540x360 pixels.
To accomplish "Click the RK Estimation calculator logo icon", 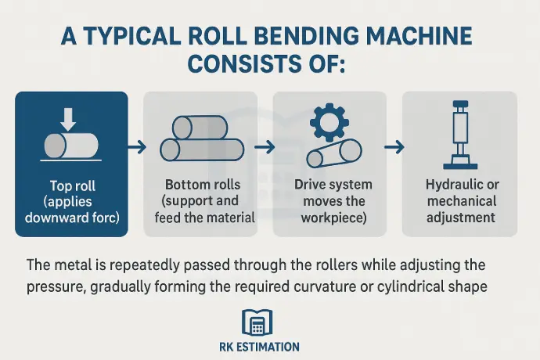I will (x=270, y=322).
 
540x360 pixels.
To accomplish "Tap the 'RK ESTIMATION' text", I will (x=270, y=346).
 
